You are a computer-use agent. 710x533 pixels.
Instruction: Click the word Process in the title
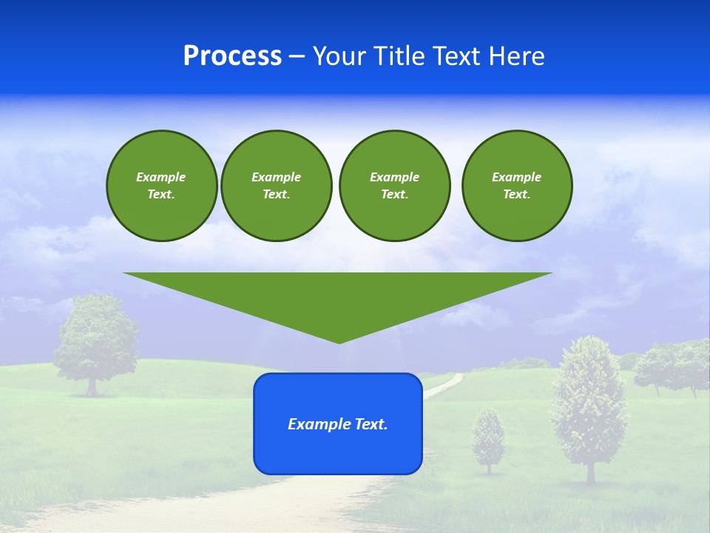[x=232, y=56]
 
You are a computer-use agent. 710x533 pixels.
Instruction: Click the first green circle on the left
[x=161, y=186]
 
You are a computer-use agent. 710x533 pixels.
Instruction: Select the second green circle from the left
[x=276, y=186]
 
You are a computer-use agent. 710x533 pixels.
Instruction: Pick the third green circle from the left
[x=394, y=186]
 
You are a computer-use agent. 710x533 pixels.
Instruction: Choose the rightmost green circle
[x=516, y=186]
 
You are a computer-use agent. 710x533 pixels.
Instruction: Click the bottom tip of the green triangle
[x=339, y=341]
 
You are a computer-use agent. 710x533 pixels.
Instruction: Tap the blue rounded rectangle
[x=338, y=452]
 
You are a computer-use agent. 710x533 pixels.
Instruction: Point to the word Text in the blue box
[x=371, y=424]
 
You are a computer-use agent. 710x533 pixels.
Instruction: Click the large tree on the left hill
[x=96, y=337]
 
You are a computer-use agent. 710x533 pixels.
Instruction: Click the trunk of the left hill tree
[x=92, y=386]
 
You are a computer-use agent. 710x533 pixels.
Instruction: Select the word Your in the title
[x=339, y=56]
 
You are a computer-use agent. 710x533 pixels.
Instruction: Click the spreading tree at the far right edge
[x=673, y=363]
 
